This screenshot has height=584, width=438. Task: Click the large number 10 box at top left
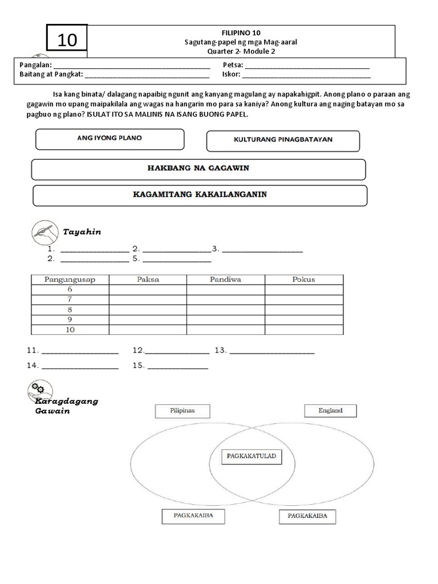tap(67, 40)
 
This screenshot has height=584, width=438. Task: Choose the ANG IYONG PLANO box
tap(109, 139)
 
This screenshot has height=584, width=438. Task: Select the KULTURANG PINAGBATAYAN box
tap(283, 140)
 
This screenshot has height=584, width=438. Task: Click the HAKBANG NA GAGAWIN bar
tap(198, 169)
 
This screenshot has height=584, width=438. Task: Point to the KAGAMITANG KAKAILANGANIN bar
tap(200, 195)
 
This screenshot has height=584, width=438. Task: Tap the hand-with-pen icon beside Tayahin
tap(43, 231)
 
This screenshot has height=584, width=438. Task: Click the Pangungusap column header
tap(70, 279)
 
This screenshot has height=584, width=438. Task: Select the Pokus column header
tap(303, 279)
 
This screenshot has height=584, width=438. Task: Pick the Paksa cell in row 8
tap(148, 309)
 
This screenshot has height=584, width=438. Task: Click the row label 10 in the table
tap(70, 330)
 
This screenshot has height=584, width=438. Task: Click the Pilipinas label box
tap(182, 411)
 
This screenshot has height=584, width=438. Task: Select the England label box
tap(330, 410)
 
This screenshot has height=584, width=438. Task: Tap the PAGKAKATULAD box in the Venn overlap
tap(251, 456)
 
